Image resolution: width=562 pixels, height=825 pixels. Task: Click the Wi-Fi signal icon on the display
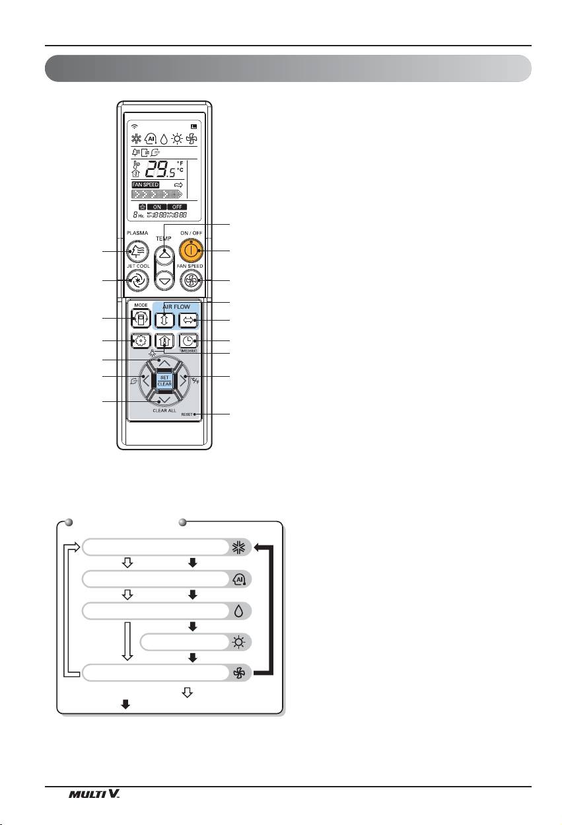click(135, 126)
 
